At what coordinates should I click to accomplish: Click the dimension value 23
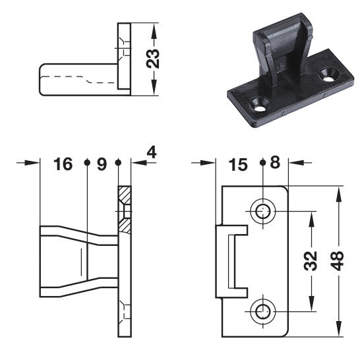click(x=153, y=59)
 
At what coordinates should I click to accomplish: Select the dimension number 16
click(x=63, y=164)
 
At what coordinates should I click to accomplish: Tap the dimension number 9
click(x=102, y=164)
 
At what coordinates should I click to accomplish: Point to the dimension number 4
click(x=152, y=152)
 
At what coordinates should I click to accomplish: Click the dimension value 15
click(x=238, y=165)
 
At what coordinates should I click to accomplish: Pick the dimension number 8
click(x=275, y=162)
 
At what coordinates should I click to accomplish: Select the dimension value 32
click(x=311, y=261)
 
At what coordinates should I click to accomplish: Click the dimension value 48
click(x=337, y=261)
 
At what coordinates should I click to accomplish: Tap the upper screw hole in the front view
click(x=263, y=211)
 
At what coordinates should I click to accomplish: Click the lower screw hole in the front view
click(x=263, y=312)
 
